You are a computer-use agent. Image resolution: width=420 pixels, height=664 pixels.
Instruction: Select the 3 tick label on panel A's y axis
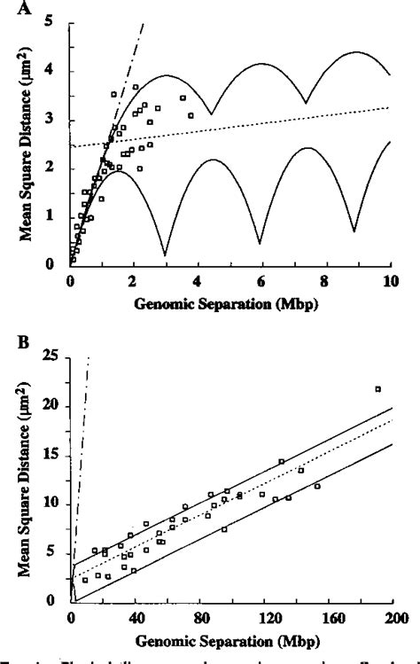coord(58,118)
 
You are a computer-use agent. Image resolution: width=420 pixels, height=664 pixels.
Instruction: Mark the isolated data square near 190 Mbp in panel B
coord(378,389)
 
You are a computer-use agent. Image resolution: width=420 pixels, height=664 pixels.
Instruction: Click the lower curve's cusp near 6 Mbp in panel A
coord(260,243)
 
